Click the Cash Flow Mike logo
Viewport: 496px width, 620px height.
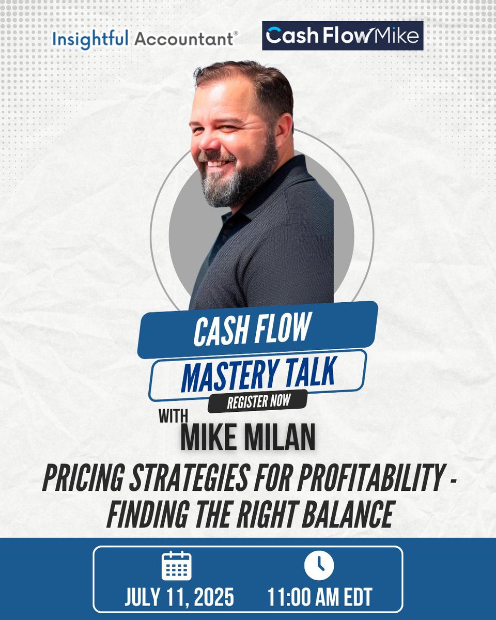click(x=343, y=36)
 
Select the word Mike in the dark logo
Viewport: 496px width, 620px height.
click(x=397, y=36)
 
